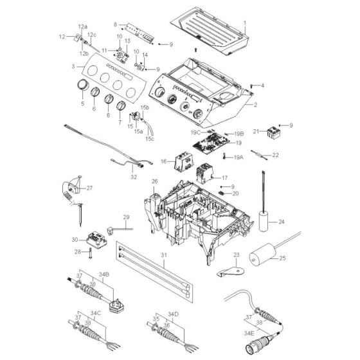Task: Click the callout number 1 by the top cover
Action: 245,23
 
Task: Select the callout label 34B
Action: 104,274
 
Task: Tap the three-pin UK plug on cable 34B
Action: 117,306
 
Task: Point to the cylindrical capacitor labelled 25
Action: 262,255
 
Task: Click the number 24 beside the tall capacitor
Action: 282,222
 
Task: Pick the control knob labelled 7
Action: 121,106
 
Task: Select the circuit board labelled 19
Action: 212,143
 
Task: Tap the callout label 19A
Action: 239,157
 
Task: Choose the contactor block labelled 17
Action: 205,174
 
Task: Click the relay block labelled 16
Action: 184,163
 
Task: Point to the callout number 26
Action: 154,181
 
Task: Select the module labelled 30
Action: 97,240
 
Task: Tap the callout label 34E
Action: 249,333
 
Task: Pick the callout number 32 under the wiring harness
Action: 134,177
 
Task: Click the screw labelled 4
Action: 251,86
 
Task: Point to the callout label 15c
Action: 149,139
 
